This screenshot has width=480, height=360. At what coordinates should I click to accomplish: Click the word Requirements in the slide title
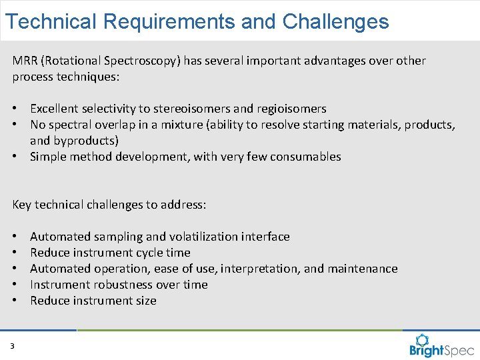[169, 21]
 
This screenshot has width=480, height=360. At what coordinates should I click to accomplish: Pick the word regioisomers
[289, 109]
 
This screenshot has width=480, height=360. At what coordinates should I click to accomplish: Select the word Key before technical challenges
[22, 205]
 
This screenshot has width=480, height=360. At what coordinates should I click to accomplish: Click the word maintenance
[363, 269]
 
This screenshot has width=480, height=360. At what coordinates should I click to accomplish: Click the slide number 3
[13, 346]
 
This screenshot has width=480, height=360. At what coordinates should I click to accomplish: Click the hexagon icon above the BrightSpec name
[422, 339]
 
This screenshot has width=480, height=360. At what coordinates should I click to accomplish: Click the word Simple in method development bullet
[48, 157]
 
